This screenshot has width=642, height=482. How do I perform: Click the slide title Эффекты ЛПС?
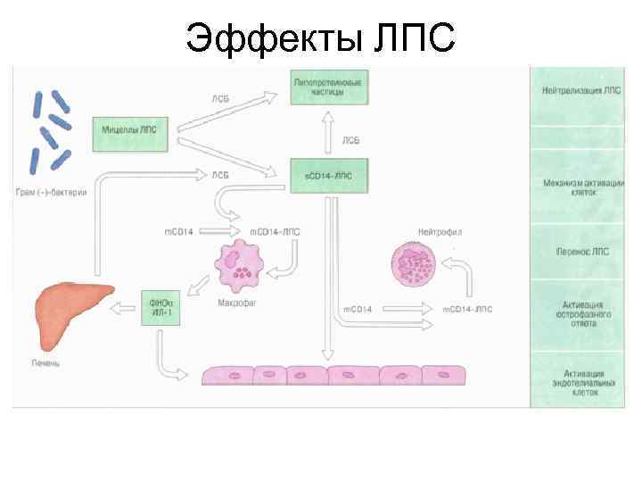[321, 37]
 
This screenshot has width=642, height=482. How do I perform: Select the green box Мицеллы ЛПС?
[129, 129]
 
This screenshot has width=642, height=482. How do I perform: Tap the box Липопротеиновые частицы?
[328, 87]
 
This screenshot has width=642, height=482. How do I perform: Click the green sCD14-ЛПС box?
[328, 175]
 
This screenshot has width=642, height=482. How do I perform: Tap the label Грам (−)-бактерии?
[50, 193]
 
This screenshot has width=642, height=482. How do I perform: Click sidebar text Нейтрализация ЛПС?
[583, 91]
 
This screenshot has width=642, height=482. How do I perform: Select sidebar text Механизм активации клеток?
[583, 187]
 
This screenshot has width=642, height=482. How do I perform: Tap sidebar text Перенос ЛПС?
[583, 253]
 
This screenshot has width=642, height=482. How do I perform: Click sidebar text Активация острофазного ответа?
[583, 313]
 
